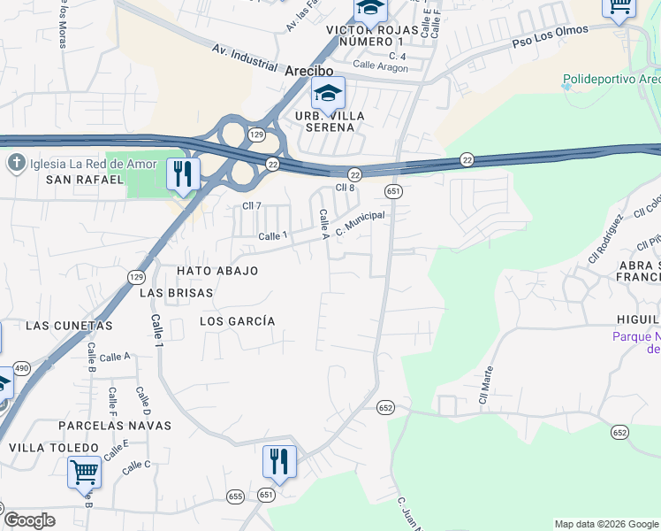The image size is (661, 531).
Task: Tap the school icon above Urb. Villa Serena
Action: (328, 93)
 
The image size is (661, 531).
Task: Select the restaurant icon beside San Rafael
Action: (183, 173)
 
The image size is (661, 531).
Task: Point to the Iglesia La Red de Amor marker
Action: (16, 163)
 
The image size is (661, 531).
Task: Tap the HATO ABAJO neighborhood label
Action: (217, 271)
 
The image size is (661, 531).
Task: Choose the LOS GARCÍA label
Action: (238, 321)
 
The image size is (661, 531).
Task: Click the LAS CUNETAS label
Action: (69, 326)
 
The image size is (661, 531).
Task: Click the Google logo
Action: (29, 520)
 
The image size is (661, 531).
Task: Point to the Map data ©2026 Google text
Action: (605, 524)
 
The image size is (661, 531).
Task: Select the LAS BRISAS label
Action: (177, 292)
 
